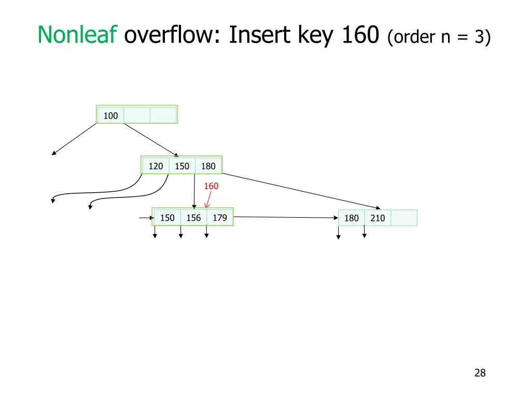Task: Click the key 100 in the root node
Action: coord(110,115)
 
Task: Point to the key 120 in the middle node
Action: coord(156,166)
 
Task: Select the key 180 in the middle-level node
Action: coord(208,166)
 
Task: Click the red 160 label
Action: coord(211,186)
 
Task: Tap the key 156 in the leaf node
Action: coord(193,218)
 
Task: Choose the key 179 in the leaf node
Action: coord(220,218)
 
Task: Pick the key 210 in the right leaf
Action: coord(378,218)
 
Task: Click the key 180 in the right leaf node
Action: coord(352,218)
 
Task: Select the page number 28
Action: coord(480,373)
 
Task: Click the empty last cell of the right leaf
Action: coord(403,218)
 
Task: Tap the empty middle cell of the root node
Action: coord(137,115)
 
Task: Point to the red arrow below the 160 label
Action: coord(208,200)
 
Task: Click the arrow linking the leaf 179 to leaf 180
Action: coord(285,218)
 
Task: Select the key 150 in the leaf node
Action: coord(167,218)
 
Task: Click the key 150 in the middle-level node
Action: coord(182,166)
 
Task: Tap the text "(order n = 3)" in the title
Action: coord(438,37)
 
